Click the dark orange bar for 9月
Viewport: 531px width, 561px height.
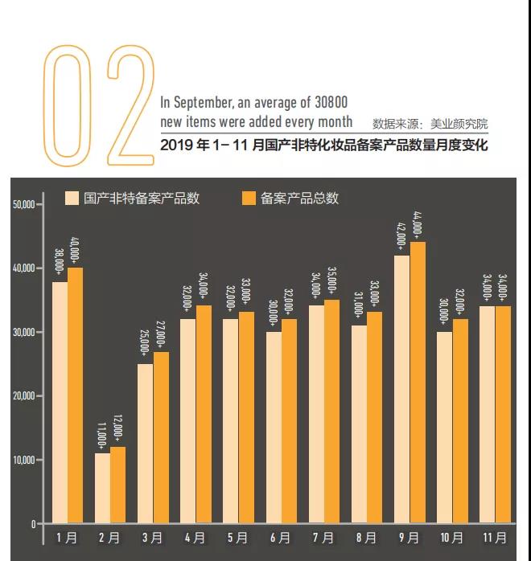pyautogui.click(x=418, y=383)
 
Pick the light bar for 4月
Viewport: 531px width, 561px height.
pyautogui.click(x=188, y=421)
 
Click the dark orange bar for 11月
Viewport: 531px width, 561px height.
pyautogui.click(x=503, y=415)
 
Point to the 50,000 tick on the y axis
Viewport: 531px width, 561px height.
pyautogui.click(x=23, y=204)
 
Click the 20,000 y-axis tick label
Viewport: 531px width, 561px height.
pyautogui.click(x=23, y=396)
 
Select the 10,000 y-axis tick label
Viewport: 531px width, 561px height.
pyautogui.click(x=23, y=461)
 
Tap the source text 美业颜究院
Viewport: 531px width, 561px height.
pyautogui.click(x=459, y=124)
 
